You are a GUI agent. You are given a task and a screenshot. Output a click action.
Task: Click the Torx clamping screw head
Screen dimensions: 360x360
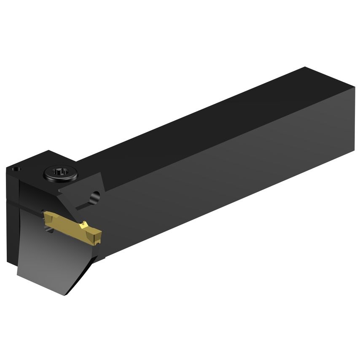pyautogui.click(x=61, y=173)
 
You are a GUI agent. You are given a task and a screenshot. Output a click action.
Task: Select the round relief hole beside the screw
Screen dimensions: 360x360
pyautogui.click(x=96, y=196)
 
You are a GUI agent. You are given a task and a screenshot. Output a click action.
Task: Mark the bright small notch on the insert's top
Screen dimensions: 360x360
pyautogui.click(x=85, y=224)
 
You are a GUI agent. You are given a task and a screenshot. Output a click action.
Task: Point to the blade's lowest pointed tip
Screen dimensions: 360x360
pyautogui.click(x=64, y=294)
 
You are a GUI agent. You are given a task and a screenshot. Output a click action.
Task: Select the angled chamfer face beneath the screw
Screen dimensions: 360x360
pyautogui.click(x=80, y=190)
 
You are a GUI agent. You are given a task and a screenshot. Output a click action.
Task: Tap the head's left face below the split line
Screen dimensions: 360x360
pyautogui.click(x=13, y=232)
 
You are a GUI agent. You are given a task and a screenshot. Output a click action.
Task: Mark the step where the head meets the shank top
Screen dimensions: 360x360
pyautogui.click(x=78, y=160)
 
